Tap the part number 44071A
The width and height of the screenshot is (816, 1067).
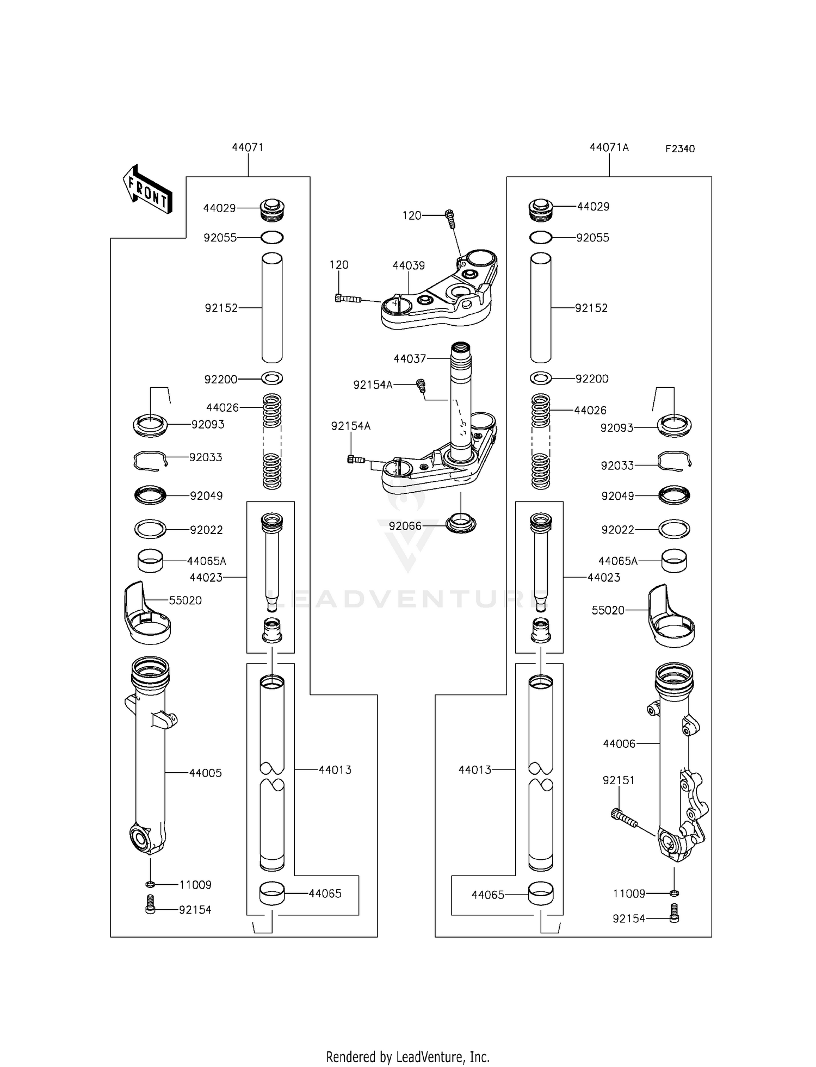coord(609,147)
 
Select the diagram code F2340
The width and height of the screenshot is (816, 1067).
coord(680,149)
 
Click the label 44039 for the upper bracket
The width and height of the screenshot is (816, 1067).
coord(409,265)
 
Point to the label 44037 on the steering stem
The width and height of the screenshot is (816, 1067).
coord(410,359)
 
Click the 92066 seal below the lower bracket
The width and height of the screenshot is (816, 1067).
coord(460,524)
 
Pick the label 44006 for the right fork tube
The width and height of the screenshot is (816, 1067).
coord(619,743)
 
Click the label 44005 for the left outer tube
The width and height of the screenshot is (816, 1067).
coord(206,773)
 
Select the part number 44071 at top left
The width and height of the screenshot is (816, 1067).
coord(248,147)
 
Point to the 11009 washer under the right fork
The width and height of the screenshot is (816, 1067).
coord(674,893)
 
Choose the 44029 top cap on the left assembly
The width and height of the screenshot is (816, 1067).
coord(273,209)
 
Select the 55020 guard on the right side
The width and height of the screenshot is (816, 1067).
coord(670,616)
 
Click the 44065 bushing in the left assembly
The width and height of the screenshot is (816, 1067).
coord(271,894)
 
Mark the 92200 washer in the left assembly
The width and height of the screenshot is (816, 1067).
coord(272,378)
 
